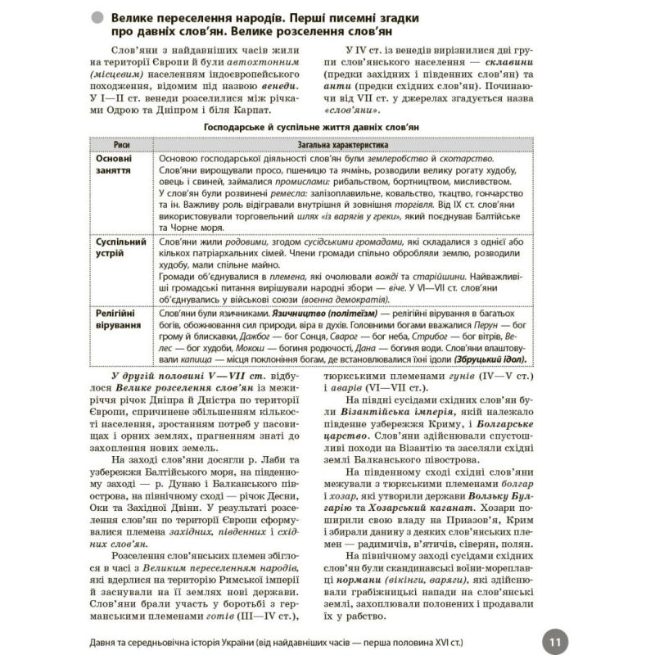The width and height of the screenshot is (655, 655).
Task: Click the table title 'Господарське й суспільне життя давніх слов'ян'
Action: [327, 129]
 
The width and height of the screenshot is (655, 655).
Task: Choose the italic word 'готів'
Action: [225, 617]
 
